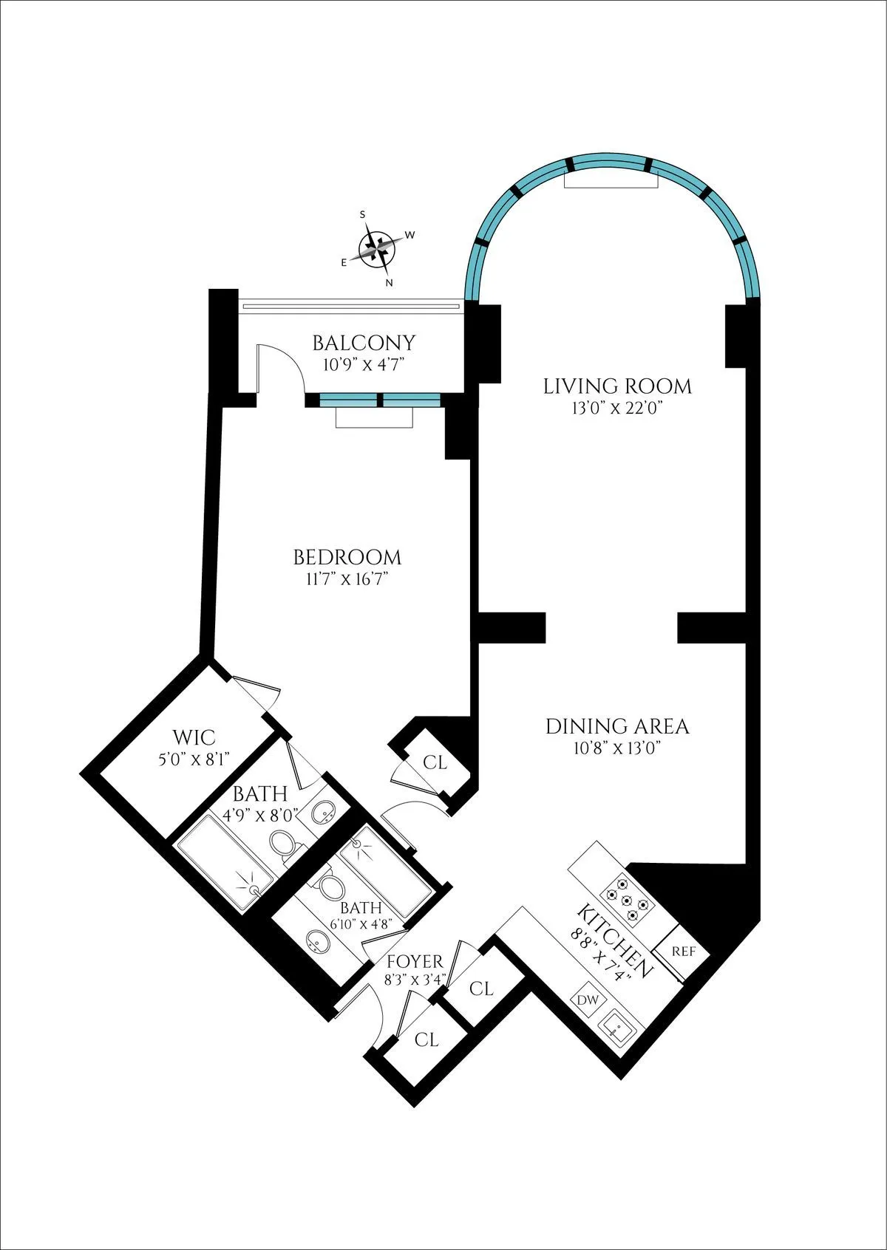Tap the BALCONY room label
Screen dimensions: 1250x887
tap(363, 343)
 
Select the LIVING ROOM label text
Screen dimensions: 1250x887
tap(617, 386)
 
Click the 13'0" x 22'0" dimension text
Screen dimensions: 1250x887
tap(617, 407)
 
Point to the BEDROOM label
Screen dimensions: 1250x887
tap(347, 557)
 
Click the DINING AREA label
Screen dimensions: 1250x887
tap(617, 726)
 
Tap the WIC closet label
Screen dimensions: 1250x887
tap(194, 737)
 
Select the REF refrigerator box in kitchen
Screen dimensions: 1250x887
tap(683, 951)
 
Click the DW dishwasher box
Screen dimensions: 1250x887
tap(588, 1000)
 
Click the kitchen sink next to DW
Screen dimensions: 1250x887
tap(616, 1026)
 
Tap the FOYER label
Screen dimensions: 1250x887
tap(415, 961)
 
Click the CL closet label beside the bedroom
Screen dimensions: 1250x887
tap(435, 762)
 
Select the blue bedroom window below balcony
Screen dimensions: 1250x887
tap(379, 400)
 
